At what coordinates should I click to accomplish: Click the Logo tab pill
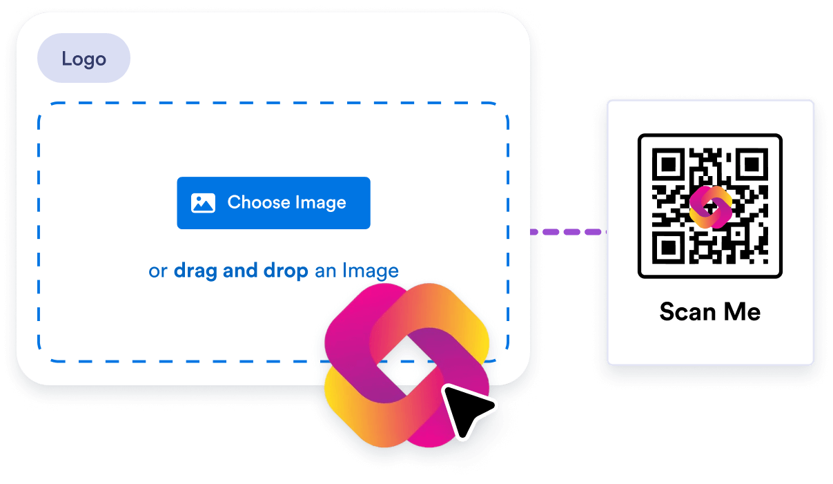(x=84, y=59)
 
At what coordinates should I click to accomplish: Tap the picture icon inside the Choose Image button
(x=203, y=203)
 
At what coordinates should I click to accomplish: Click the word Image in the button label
(x=320, y=203)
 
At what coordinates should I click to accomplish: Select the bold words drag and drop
(x=241, y=271)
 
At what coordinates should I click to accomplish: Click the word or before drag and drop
(x=158, y=271)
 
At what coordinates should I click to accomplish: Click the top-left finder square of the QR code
(x=667, y=164)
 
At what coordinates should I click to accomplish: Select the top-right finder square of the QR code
(x=752, y=164)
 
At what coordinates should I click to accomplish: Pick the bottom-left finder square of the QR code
(x=667, y=249)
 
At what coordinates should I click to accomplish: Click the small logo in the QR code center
(x=710, y=206)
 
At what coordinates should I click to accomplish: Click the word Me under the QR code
(x=743, y=311)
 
